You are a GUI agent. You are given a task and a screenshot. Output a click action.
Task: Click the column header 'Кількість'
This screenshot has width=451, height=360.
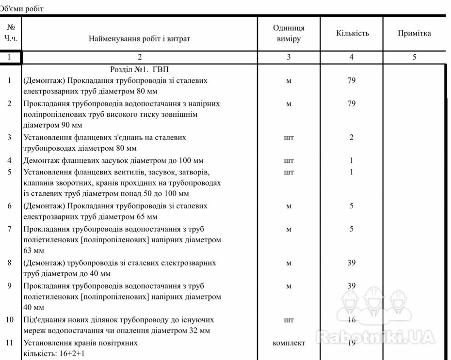click(352, 33)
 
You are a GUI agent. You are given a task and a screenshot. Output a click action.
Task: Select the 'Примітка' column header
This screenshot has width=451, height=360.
click(414, 33)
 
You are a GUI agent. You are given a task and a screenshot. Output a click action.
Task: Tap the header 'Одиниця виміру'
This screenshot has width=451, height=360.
click(289, 33)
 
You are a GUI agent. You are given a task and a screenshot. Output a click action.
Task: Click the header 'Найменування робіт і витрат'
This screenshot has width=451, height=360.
click(139, 39)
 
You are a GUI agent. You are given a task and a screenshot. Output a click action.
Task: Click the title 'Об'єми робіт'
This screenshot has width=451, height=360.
click(22, 9)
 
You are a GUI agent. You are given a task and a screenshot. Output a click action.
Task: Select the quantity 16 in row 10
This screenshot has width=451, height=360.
click(352, 320)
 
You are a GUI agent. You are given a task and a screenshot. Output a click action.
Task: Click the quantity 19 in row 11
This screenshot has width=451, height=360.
click(352, 343)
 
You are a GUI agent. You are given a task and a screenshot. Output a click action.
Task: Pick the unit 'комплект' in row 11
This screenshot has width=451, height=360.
click(289, 343)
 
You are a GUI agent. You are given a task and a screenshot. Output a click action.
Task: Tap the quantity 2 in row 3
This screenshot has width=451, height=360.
click(352, 138)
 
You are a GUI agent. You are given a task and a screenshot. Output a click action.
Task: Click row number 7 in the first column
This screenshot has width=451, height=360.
click(9, 229)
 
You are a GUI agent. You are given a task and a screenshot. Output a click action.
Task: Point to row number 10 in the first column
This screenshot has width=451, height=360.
click(10, 320)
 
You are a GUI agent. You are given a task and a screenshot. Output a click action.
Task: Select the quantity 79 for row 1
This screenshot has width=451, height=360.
click(352, 80)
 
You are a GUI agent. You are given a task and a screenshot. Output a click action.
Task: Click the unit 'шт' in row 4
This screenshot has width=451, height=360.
click(289, 161)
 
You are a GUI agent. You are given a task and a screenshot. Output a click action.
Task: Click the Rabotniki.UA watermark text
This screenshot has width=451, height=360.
click(375, 336)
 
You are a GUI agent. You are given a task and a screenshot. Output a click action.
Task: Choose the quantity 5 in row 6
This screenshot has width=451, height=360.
click(352, 206)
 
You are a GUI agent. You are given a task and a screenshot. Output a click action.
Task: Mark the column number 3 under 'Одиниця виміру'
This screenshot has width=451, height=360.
click(289, 57)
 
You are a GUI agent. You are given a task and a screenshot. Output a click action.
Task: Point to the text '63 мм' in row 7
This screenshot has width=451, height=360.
click(33, 251)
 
